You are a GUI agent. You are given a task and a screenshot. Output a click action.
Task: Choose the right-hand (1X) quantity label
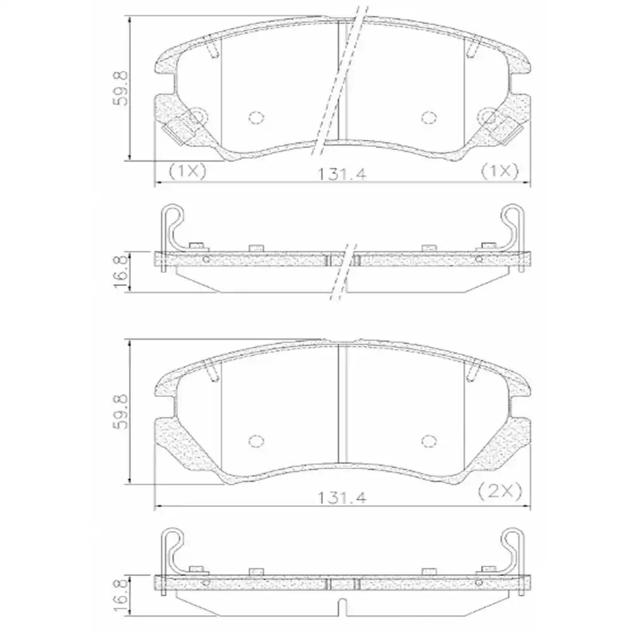point(499,170)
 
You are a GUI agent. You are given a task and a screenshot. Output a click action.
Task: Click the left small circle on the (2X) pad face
point(256,441)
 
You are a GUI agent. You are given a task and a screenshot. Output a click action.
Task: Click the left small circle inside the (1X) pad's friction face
point(256,117)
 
